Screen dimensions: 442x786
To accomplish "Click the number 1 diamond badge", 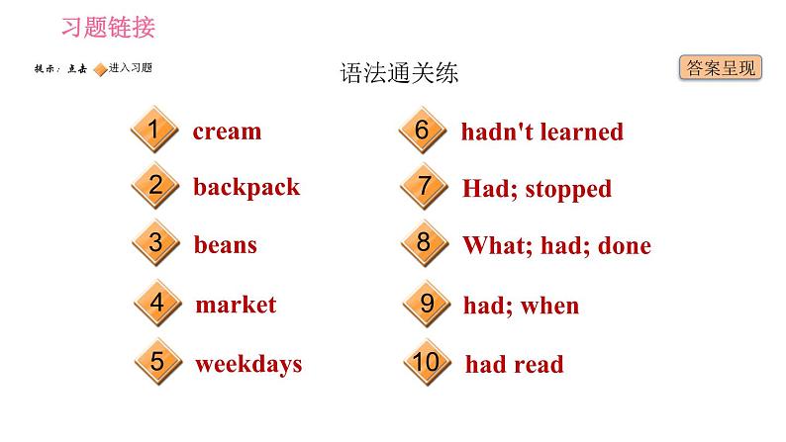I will [x=153, y=132].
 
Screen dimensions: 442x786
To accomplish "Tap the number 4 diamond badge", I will [x=156, y=305].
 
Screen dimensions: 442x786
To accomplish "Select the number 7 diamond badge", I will [x=425, y=188].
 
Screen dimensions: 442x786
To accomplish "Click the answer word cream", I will [x=227, y=132].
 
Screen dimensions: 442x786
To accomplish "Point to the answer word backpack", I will [x=246, y=187].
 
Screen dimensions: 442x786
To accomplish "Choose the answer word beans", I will [x=225, y=244].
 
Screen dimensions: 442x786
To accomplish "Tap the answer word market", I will [x=236, y=305].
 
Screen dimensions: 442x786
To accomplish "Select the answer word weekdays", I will [x=247, y=363].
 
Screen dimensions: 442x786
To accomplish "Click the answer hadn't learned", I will [x=541, y=132].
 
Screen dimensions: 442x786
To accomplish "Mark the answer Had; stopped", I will [x=537, y=188].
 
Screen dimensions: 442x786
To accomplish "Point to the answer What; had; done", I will [x=556, y=245].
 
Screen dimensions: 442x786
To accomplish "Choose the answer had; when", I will [x=521, y=306].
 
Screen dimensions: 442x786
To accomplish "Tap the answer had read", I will [x=514, y=364].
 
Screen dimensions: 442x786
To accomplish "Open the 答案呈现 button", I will [x=721, y=67].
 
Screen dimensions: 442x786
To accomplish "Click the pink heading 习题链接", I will [x=108, y=27].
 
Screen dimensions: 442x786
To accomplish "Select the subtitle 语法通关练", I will [x=399, y=74].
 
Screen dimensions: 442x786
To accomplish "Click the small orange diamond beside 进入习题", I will [x=99, y=68].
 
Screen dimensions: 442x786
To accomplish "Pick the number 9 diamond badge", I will [x=427, y=305].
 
